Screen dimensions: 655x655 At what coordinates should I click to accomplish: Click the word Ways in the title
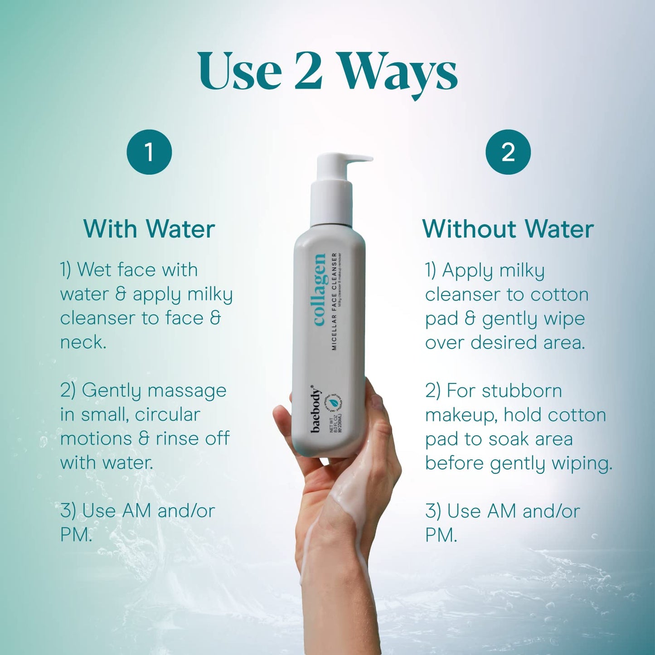click(399, 73)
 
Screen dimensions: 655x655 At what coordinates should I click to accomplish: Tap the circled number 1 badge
click(149, 152)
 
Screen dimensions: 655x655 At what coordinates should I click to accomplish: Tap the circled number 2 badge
click(508, 152)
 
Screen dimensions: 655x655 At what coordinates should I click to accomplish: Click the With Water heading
click(149, 229)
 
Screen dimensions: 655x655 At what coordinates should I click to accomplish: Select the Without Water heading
click(508, 229)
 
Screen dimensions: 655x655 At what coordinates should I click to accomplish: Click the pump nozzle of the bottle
click(358, 159)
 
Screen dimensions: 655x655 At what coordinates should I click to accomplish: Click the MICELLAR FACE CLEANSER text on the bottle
click(335, 301)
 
